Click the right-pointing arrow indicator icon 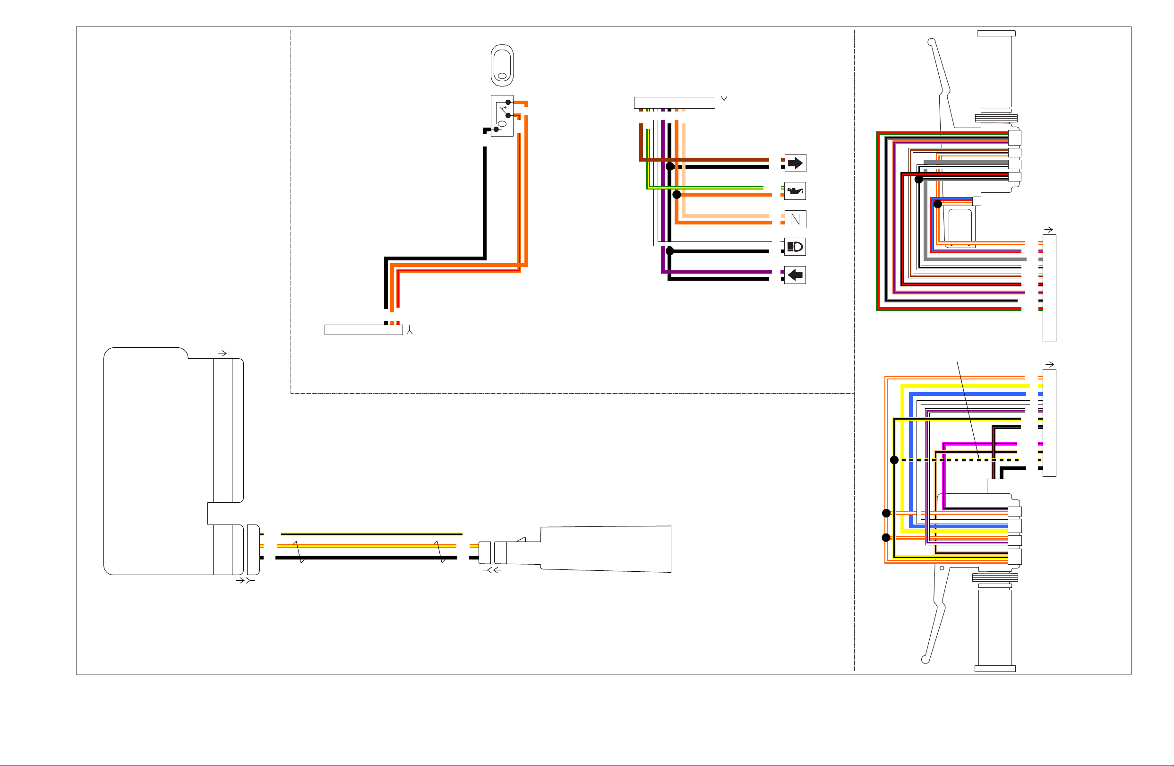tap(795, 163)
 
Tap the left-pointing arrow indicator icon tap(795, 275)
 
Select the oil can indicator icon tap(795, 191)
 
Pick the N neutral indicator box tap(795, 219)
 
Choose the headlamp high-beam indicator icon tap(795, 247)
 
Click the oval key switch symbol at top tap(502, 66)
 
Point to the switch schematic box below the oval tap(502, 115)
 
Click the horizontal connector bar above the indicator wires tap(674, 103)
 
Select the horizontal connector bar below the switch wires tap(364, 330)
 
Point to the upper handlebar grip tap(996, 77)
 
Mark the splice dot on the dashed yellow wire tap(894, 460)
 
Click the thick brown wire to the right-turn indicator tap(704, 160)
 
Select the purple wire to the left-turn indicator tap(717, 272)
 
